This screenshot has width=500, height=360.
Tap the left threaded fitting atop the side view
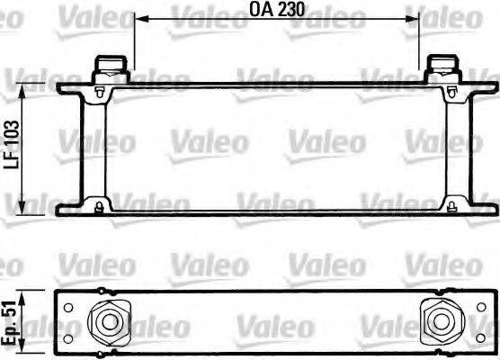[x=109, y=67]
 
